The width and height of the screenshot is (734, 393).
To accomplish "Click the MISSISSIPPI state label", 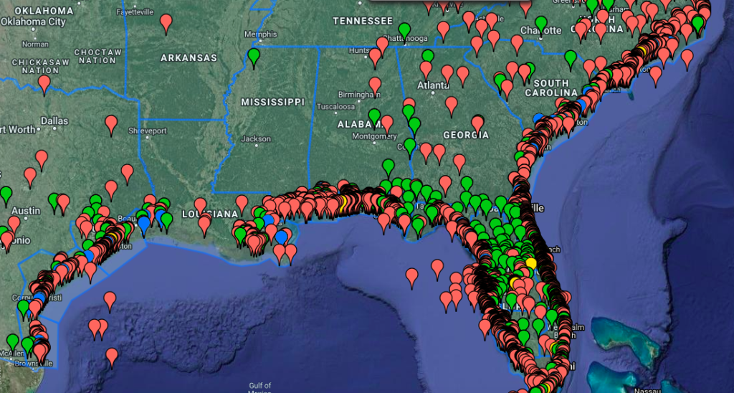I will coord(272,103).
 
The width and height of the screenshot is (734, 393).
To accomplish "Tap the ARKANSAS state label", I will coord(189,57).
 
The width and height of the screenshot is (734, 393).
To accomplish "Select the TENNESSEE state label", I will coord(363,21).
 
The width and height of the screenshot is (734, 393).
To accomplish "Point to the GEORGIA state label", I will coord(466,135).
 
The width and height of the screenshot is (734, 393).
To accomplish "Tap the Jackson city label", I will coord(257,138).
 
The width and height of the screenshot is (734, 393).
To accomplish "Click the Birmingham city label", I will coord(358,93).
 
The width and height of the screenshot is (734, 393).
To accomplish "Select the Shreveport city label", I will coord(147,131).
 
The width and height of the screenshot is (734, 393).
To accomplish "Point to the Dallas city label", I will coord(54,121).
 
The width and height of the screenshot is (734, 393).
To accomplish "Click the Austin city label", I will coord(25,211).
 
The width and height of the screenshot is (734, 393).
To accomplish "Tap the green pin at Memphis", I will coord(254,55).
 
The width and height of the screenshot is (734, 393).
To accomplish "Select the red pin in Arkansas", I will coord(166,22).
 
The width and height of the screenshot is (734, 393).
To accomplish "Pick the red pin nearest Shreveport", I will coord(111,123).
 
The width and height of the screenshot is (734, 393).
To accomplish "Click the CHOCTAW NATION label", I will coord(98,57).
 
